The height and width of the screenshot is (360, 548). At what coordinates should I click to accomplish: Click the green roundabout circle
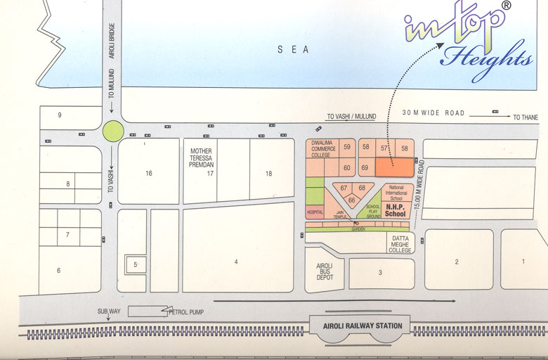(112, 130)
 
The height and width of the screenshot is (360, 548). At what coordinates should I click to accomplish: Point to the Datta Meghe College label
(400, 244)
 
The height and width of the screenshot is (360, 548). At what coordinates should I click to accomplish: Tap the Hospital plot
(314, 211)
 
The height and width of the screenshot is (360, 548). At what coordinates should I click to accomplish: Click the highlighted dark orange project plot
(393, 167)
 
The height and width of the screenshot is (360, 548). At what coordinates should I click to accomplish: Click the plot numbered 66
(351, 200)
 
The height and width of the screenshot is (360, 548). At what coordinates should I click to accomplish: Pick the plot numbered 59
(346, 147)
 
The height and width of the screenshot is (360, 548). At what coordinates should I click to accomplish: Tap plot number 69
(365, 168)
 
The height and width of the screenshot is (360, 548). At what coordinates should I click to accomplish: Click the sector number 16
(148, 173)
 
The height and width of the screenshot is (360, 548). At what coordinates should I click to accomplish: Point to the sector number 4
(236, 262)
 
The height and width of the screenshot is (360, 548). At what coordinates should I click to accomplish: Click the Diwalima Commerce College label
(324, 150)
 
